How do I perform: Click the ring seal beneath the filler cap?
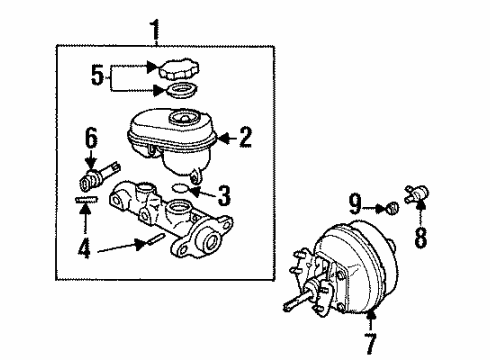pos(181,95)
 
